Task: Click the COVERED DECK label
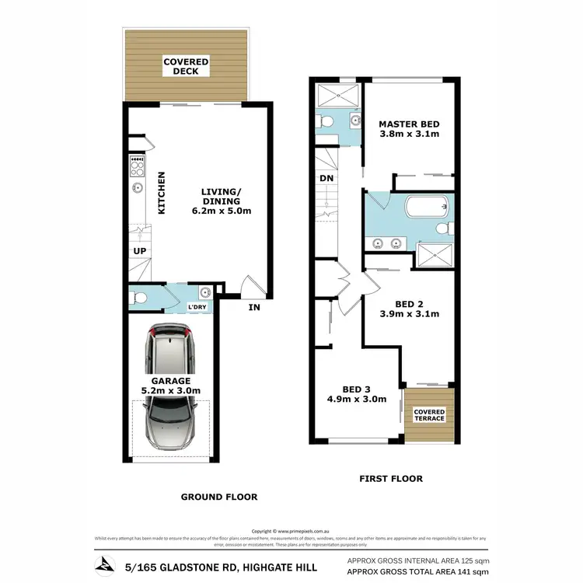[x=186, y=66]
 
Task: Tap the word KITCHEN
[x=162, y=193]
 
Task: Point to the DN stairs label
[x=326, y=177]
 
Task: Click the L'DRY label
[x=198, y=307]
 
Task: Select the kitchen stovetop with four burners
[x=138, y=165]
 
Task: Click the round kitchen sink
[x=138, y=187]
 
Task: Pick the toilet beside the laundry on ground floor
[x=138, y=296]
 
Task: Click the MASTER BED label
[x=409, y=124]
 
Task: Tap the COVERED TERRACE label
[x=429, y=415]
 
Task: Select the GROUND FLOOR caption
[x=218, y=497]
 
